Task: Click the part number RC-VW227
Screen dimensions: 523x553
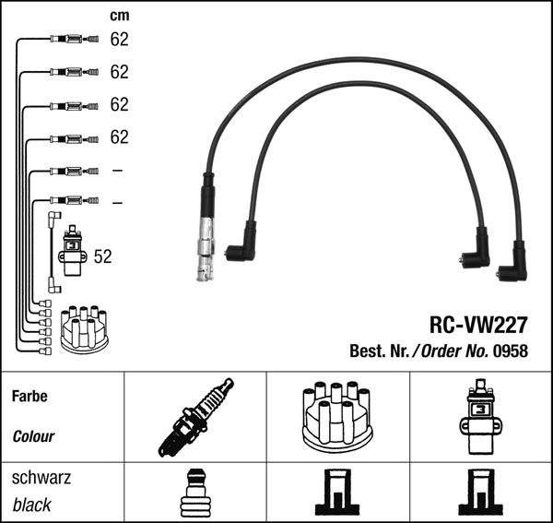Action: tap(477, 326)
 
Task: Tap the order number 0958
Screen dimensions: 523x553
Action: tap(511, 351)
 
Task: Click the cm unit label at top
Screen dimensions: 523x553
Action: tap(119, 16)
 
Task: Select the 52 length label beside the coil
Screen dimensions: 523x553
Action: tap(102, 257)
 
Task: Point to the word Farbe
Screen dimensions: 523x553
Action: tap(29, 397)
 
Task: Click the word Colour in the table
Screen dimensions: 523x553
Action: tap(33, 436)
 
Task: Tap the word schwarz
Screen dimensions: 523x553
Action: tap(41, 478)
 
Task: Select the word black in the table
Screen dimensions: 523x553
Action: tap(32, 505)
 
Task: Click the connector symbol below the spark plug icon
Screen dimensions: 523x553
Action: tap(194, 493)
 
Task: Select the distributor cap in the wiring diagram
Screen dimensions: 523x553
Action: tap(83, 329)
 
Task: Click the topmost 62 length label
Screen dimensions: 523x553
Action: tap(119, 40)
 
